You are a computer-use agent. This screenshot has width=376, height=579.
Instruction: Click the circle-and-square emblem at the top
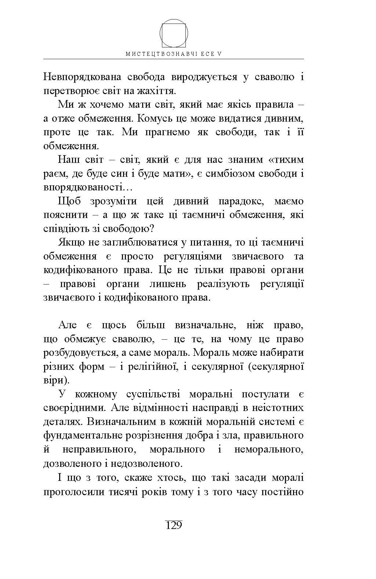(174, 33)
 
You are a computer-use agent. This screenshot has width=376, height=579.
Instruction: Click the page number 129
(174, 525)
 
